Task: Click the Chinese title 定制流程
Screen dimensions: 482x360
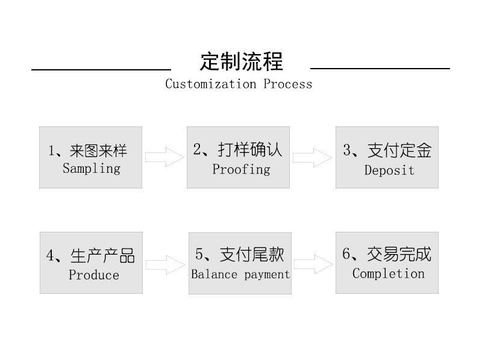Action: [241, 62]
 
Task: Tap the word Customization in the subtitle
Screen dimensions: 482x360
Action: [211, 84]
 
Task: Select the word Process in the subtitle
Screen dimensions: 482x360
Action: [288, 84]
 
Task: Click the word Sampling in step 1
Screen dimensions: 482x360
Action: [92, 168]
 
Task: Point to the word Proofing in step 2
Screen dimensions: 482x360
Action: [241, 169]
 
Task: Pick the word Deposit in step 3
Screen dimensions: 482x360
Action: [389, 170]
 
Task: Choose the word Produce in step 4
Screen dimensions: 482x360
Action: [94, 275]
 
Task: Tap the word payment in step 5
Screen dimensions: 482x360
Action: [267, 275]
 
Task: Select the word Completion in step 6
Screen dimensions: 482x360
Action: [389, 274]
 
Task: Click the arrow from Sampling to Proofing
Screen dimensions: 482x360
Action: [164, 158]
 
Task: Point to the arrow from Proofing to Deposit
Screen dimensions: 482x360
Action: [312, 158]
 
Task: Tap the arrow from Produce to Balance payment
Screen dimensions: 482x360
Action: [164, 264]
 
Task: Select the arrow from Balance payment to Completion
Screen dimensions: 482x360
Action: [313, 264]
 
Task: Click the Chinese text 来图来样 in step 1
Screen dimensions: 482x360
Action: [98, 151]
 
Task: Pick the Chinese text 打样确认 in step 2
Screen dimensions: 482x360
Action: [250, 150]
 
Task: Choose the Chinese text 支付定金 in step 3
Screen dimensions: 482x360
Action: [399, 151]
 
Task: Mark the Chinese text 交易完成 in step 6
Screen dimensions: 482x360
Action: [399, 255]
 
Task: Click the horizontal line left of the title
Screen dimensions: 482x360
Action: [101, 70]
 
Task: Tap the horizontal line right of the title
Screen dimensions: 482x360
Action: [380, 69]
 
